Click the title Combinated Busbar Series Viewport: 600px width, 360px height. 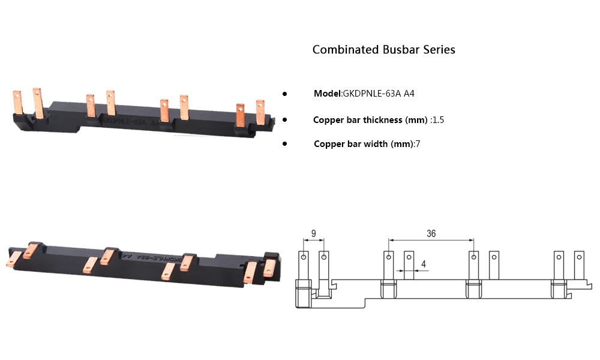coord(383,50)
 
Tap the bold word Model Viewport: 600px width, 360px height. coord(327,94)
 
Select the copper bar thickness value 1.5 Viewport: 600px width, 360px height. coord(438,120)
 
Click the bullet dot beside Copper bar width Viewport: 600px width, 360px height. coord(285,144)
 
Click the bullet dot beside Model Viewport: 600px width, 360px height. coord(285,94)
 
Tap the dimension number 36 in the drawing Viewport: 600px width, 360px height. coord(431,234)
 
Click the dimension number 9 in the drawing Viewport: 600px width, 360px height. coord(313,233)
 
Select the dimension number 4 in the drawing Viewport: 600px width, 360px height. coord(424,263)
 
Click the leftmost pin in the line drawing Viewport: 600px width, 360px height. coord(304,264)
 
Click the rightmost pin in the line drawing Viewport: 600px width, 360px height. coord(579,264)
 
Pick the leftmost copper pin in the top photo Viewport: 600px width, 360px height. coord(17,102)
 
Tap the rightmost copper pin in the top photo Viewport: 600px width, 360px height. coord(260,112)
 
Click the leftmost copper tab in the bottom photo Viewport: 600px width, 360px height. coord(13,259)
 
